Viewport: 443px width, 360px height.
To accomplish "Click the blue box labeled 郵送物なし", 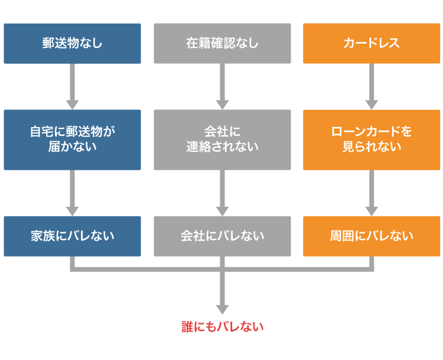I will [x=72, y=43].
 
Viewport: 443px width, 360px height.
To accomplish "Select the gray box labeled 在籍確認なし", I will [x=222, y=43].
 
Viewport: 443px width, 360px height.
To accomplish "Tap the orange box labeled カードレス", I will [x=372, y=43].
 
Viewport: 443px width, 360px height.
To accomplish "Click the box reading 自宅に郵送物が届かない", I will [x=72, y=140].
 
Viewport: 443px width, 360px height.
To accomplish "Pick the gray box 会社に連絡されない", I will [x=222, y=140].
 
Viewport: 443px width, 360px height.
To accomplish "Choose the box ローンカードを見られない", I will [x=372, y=140].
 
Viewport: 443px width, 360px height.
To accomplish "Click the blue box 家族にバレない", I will [x=72, y=236].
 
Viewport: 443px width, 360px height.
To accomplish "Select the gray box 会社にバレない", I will [x=222, y=236].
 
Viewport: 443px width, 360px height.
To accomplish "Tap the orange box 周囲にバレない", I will [x=372, y=236].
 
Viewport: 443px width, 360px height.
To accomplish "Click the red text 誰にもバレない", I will [x=222, y=326].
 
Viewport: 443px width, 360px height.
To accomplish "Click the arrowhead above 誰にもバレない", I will [x=222, y=308].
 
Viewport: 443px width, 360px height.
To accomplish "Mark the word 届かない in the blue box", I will [x=72, y=147].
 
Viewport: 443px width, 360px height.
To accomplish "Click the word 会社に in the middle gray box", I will [x=222, y=132].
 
